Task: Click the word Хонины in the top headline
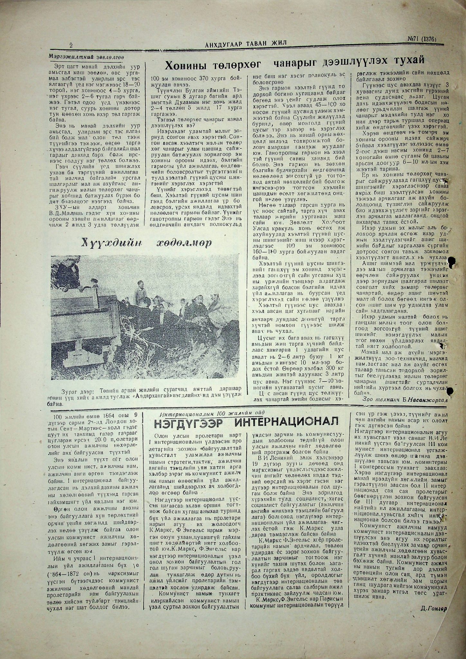pos(185,66)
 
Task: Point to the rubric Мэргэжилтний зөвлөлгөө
pos(87,57)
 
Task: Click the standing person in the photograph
pos(140,288)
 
